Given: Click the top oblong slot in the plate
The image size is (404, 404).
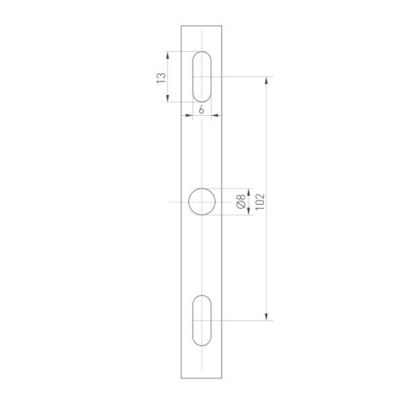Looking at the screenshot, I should pyautogui.click(x=202, y=76).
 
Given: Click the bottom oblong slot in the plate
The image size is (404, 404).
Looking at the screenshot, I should pyautogui.click(x=202, y=321).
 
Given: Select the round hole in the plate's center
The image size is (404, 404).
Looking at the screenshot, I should pyautogui.click(x=202, y=201).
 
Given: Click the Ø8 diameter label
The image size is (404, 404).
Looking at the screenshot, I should pyautogui.click(x=241, y=201).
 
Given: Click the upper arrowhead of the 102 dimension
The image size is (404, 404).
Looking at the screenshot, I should pyautogui.click(x=268, y=81).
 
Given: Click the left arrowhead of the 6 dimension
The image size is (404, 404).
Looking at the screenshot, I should pyautogui.click(x=189, y=116).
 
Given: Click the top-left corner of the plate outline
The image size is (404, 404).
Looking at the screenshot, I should pyautogui.click(x=182, y=26).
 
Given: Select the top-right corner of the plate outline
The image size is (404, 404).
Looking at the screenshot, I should pyautogui.click(x=223, y=26).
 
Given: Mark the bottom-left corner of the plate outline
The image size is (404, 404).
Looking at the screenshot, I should pyautogui.click(x=182, y=378).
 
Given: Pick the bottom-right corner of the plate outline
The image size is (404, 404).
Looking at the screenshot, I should pyautogui.click(x=223, y=378).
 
